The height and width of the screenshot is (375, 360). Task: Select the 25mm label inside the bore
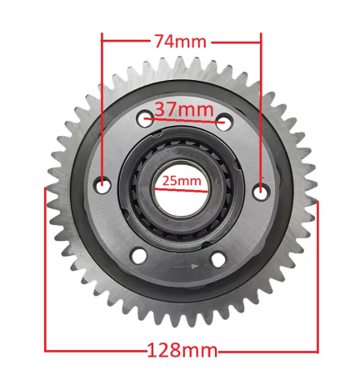pyautogui.click(x=181, y=179)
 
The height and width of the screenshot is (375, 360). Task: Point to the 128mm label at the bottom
pyautogui.click(x=182, y=351)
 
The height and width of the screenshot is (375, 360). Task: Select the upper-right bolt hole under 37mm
pyautogui.click(x=222, y=122)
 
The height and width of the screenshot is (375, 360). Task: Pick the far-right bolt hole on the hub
pyautogui.click(x=261, y=191)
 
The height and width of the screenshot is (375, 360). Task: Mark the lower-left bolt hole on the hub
pyautogui.click(x=139, y=255)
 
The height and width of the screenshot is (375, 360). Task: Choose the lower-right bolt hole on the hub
pyautogui.click(x=217, y=259)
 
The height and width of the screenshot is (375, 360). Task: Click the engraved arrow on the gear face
pyautogui.click(x=187, y=267)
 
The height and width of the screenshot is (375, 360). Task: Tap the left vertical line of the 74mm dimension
pyautogui.click(x=102, y=108)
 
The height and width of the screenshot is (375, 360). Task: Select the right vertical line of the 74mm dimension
pyautogui.click(x=262, y=108)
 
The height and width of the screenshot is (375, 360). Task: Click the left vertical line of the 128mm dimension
pyautogui.click(x=45, y=267)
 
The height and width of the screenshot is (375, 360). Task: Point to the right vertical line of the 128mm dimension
pyautogui.click(x=317, y=275)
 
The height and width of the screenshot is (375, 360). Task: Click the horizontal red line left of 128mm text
pyautogui.click(x=96, y=351)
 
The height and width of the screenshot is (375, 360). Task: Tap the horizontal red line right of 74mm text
pyautogui.click(x=237, y=39)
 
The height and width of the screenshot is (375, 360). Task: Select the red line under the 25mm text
pyautogui.click(x=181, y=188)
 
